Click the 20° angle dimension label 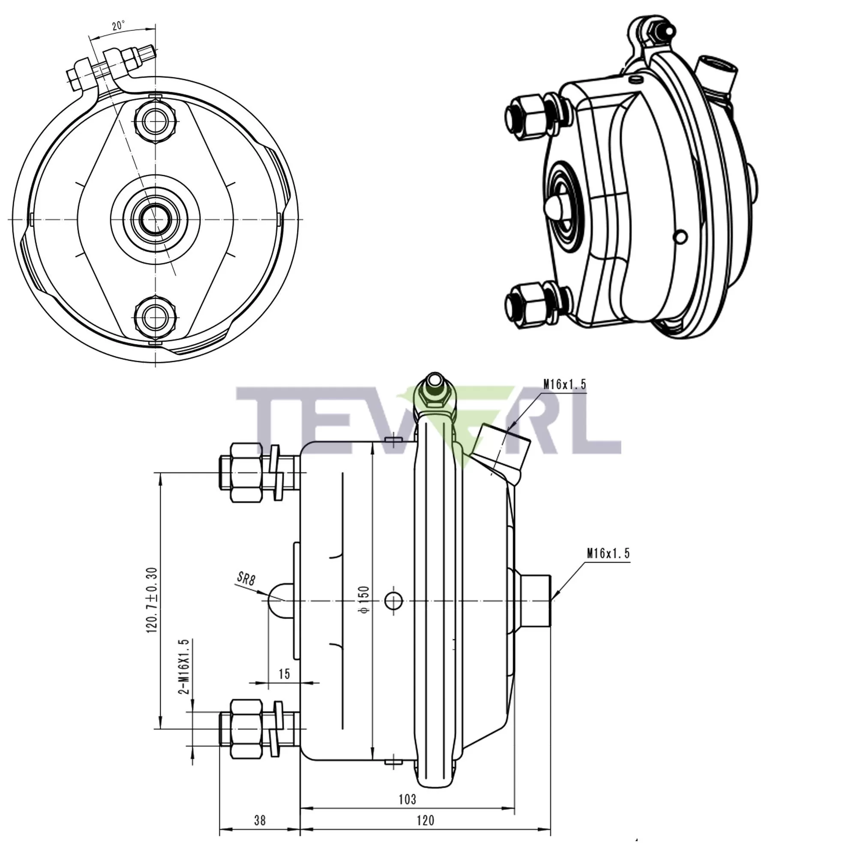click(118, 26)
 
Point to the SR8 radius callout click(246, 578)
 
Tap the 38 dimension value click(260, 820)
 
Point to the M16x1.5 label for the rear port click(608, 553)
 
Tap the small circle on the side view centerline click(393, 601)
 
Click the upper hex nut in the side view click(246, 472)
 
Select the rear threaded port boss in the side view click(535, 601)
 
